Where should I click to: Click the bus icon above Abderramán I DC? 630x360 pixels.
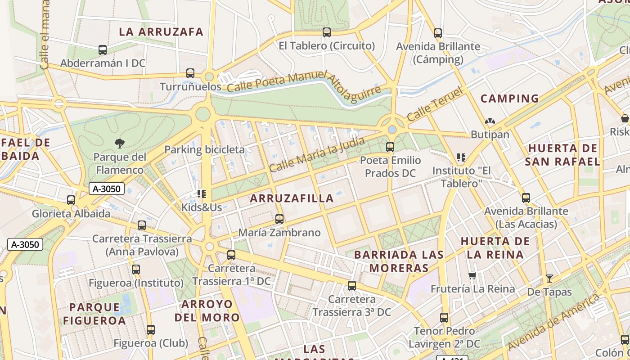click(103, 50)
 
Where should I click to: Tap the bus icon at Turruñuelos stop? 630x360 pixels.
click(190, 73)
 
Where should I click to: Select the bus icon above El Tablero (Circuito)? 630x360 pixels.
click(327, 32)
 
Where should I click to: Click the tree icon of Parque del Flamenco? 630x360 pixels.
click(120, 144)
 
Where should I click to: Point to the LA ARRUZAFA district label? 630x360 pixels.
click(161, 32)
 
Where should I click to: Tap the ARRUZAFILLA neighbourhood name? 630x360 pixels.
click(292, 198)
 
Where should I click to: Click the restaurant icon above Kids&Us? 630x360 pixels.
click(201, 194)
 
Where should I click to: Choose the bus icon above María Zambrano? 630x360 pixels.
click(279, 219)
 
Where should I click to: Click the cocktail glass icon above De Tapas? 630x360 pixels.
click(549, 278)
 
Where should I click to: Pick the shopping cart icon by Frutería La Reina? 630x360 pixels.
click(472, 275)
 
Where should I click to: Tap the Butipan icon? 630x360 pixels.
click(490, 121)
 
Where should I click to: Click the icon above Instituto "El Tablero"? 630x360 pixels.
click(461, 157)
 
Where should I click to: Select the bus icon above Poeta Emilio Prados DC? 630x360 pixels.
click(390, 147)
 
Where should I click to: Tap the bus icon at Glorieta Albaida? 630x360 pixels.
click(71, 200)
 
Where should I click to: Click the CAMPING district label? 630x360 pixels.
click(509, 99)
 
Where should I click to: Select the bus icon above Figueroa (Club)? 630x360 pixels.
click(151, 330)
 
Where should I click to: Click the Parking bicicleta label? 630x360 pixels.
click(204, 150)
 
